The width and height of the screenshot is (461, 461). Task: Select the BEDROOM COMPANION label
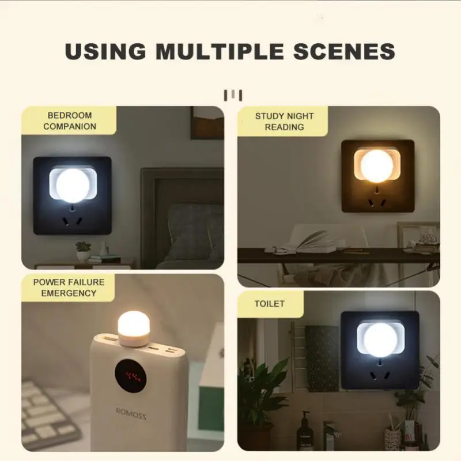tap(70, 121)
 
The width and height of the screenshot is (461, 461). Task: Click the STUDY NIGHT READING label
tap(284, 121)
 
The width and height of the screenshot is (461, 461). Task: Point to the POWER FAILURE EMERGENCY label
tap(69, 288)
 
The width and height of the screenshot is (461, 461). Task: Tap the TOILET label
tap(269, 303)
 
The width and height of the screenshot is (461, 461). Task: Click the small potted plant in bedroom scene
tap(83, 251)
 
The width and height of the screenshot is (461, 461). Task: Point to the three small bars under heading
tap(233, 95)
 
